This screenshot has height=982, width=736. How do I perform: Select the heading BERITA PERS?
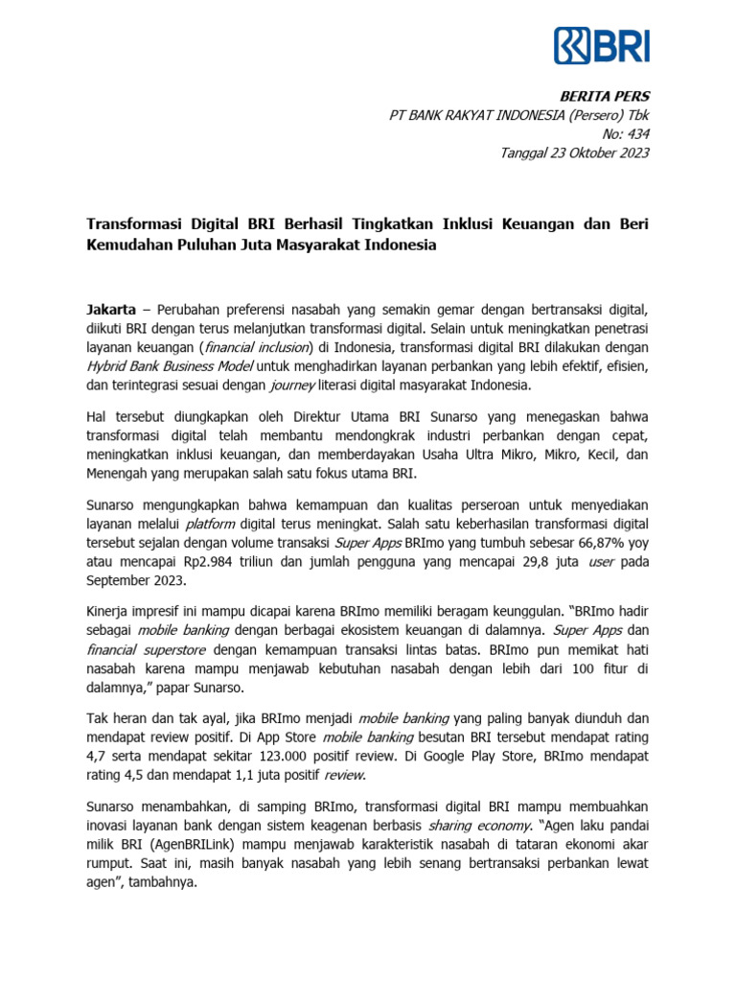point(611,96)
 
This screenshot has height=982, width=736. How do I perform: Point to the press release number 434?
point(636,134)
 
